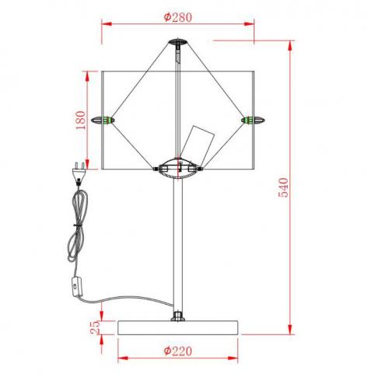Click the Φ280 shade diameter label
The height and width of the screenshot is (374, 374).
(x=178, y=17)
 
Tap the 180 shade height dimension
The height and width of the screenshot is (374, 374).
(x=80, y=121)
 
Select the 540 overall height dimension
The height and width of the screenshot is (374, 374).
(x=283, y=187)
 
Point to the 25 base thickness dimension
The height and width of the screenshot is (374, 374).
(x=95, y=327)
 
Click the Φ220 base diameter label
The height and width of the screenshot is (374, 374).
(x=178, y=351)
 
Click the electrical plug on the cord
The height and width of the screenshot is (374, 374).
(x=79, y=173)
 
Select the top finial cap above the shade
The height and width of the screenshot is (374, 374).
(x=177, y=41)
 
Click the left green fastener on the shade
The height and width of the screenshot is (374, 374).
(x=103, y=121)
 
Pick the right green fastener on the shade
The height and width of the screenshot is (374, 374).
(x=253, y=121)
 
